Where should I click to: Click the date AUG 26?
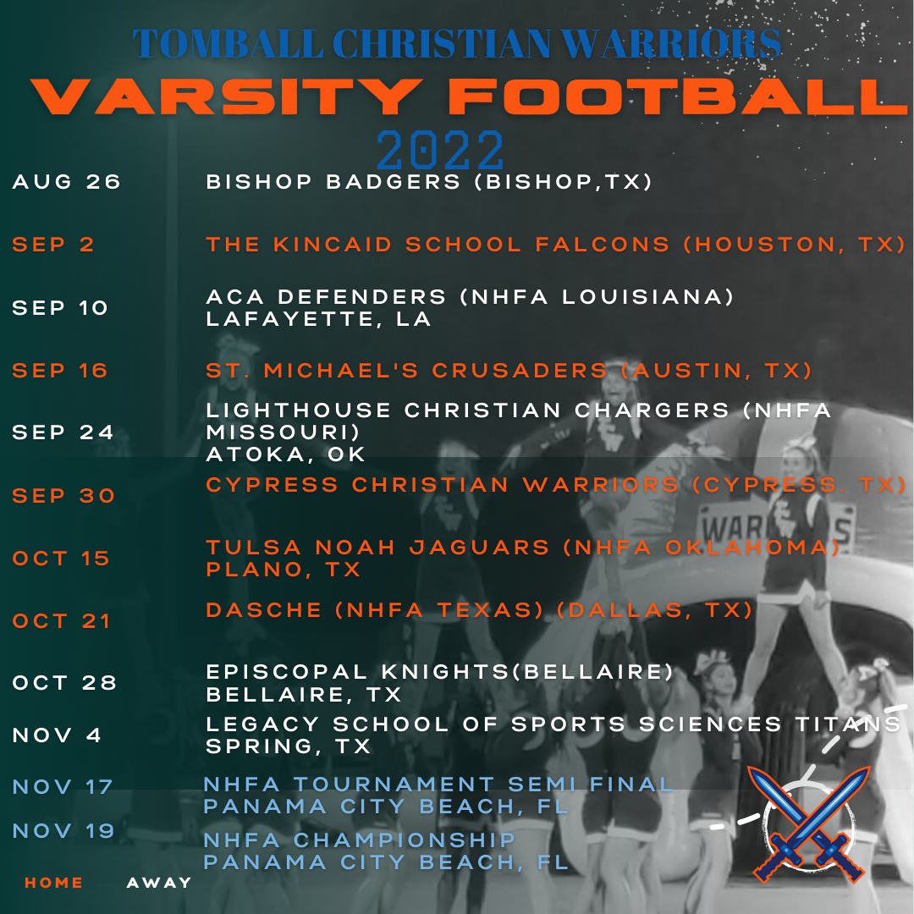(x=67, y=182)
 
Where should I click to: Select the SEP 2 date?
(x=53, y=245)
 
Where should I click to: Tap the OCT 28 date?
(x=64, y=683)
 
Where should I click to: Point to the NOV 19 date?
(x=63, y=831)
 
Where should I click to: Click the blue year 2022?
(x=440, y=150)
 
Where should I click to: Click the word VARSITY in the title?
(x=228, y=96)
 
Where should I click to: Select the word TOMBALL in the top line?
(x=228, y=44)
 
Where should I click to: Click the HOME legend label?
(x=53, y=883)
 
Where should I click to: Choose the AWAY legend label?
(x=159, y=883)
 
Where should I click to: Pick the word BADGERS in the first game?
(x=394, y=182)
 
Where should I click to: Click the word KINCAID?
(x=333, y=245)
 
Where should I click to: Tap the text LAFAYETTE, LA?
(x=319, y=319)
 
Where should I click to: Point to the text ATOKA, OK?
(x=286, y=454)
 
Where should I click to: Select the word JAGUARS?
(x=480, y=548)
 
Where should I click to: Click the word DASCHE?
(x=264, y=610)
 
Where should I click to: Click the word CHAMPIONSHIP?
(x=405, y=840)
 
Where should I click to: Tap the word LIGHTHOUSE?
(x=299, y=410)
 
